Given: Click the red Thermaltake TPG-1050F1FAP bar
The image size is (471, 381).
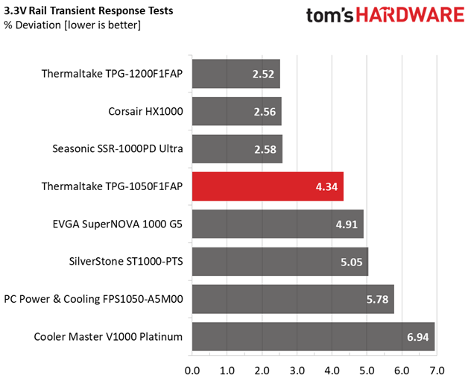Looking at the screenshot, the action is pyautogui.click(x=268, y=186).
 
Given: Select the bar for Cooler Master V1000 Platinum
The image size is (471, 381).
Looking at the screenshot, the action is pyautogui.click(x=313, y=336).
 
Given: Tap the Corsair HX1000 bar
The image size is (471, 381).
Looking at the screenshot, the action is pyautogui.click(x=237, y=111).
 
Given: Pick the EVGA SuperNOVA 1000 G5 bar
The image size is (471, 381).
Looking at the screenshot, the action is pyautogui.click(x=278, y=224).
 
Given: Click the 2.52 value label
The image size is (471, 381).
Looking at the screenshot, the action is pyautogui.click(x=263, y=74).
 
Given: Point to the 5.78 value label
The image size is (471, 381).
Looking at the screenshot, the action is pyautogui.click(x=377, y=299).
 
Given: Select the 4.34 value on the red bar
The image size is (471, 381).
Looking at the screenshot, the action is pyautogui.click(x=326, y=186).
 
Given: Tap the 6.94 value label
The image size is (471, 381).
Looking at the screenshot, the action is pyautogui.click(x=418, y=337).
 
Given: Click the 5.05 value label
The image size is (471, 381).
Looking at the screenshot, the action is pyautogui.click(x=352, y=262).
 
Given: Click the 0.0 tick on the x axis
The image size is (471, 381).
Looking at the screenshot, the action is pyautogui.click(x=192, y=371).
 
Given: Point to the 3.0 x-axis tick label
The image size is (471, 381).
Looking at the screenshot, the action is pyautogui.click(x=297, y=371).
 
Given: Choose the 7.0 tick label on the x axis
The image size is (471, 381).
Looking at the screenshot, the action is pyautogui.click(x=437, y=371).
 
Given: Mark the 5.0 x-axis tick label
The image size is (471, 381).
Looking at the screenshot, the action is pyautogui.click(x=367, y=371).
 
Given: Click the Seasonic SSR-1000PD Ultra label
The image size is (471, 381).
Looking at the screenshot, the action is pyautogui.click(x=118, y=148).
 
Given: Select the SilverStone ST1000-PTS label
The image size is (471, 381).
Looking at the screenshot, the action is pyautogui.click(x=126, y=262).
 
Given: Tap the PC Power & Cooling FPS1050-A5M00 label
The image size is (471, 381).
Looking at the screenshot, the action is pyautogui.click(x=93, y=299).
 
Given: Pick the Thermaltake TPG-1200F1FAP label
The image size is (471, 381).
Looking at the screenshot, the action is pyautogui.click(x=112, y=74).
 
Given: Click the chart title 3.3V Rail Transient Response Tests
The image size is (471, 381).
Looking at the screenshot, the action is pyautogui.click(x=88, y=11).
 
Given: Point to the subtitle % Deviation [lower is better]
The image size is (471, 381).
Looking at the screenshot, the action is pyautogui.click(x=72, y=25).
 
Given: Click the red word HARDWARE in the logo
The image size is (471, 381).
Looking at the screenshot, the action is pyautogui.click(x=410, y=15).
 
